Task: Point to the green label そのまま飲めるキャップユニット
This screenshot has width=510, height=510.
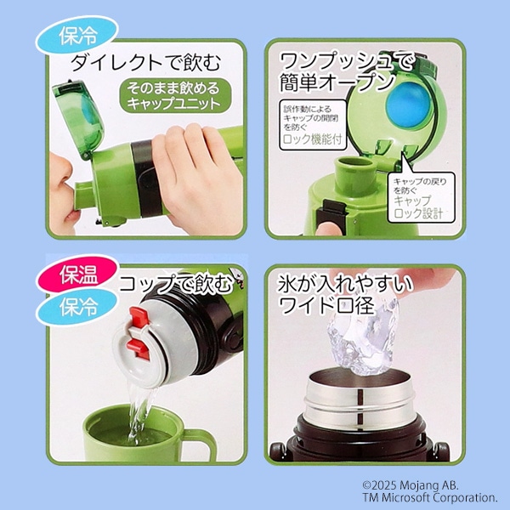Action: [x=174, y=96]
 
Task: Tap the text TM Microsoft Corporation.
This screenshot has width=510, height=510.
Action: [x=430, y=497]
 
